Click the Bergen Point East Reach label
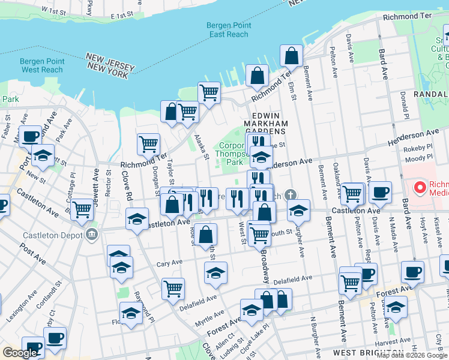(x=228, y=30)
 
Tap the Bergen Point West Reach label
(x=41, y=65)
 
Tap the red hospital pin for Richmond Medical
(x=420, y=188)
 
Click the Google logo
(x=19, y=353)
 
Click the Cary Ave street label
(x=169, y=263)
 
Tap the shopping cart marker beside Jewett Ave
(x=82, y=209)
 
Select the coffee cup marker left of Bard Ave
(x=379, y=192)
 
